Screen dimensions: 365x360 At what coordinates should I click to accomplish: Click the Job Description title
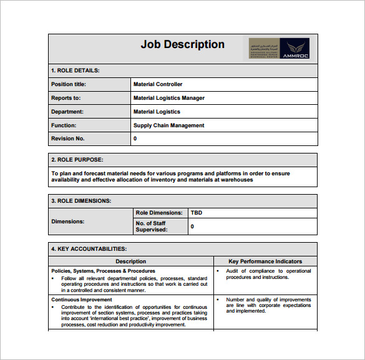pyautogui.click(x=182, y=44)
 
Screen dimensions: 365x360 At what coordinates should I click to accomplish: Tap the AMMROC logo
pyautogui.click(x=279, y=49)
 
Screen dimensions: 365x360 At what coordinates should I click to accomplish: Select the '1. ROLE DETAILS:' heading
pyautogui.click(x=75, y=71)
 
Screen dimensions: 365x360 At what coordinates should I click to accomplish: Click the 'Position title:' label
pyautogui.click(x=69, y=84)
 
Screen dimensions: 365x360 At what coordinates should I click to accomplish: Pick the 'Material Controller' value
pyautogui.click(x=158, y=84)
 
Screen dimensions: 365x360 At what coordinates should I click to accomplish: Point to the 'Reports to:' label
pyautogui.click(x=66, y=98)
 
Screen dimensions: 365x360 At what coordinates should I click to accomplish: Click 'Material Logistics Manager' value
pyautogui.click(x=169, y=98)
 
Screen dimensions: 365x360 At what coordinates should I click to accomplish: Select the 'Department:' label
pyautogui.click(x=67, y=112)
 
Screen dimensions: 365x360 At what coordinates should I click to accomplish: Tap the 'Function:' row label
pyautogui.click(x=64, y=125)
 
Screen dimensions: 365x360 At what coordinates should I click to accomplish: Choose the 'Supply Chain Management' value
pyautogui.click(x=169, y=125)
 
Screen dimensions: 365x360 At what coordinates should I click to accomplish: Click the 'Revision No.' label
pyautogui.click(x=68, y=139)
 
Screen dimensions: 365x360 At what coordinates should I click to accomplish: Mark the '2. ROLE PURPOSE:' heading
pyautogui.click(x=77, y=160)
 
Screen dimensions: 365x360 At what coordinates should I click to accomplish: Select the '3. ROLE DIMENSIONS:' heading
pyautogui.click(x=81, y=201)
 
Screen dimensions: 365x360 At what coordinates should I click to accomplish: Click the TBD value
pyautogui.click(x=197, y=213)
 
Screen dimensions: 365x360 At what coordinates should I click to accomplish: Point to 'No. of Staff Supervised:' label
pyautogui.click(x=152, y=226)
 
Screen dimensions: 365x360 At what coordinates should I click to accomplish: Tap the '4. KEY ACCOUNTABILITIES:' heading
pyautogui.click(x=89, y=249)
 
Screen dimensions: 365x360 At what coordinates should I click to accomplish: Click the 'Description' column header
pyautogui.click(x=131, y=261)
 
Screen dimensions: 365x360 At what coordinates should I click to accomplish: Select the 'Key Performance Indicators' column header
pyautogui.click(x=265, y=261)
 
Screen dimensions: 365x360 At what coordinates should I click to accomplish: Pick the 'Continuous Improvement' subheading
pyautogui.click(x=82, y=299)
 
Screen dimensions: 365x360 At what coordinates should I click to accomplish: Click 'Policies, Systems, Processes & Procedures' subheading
pyautogui.click(x=104, y=271)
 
